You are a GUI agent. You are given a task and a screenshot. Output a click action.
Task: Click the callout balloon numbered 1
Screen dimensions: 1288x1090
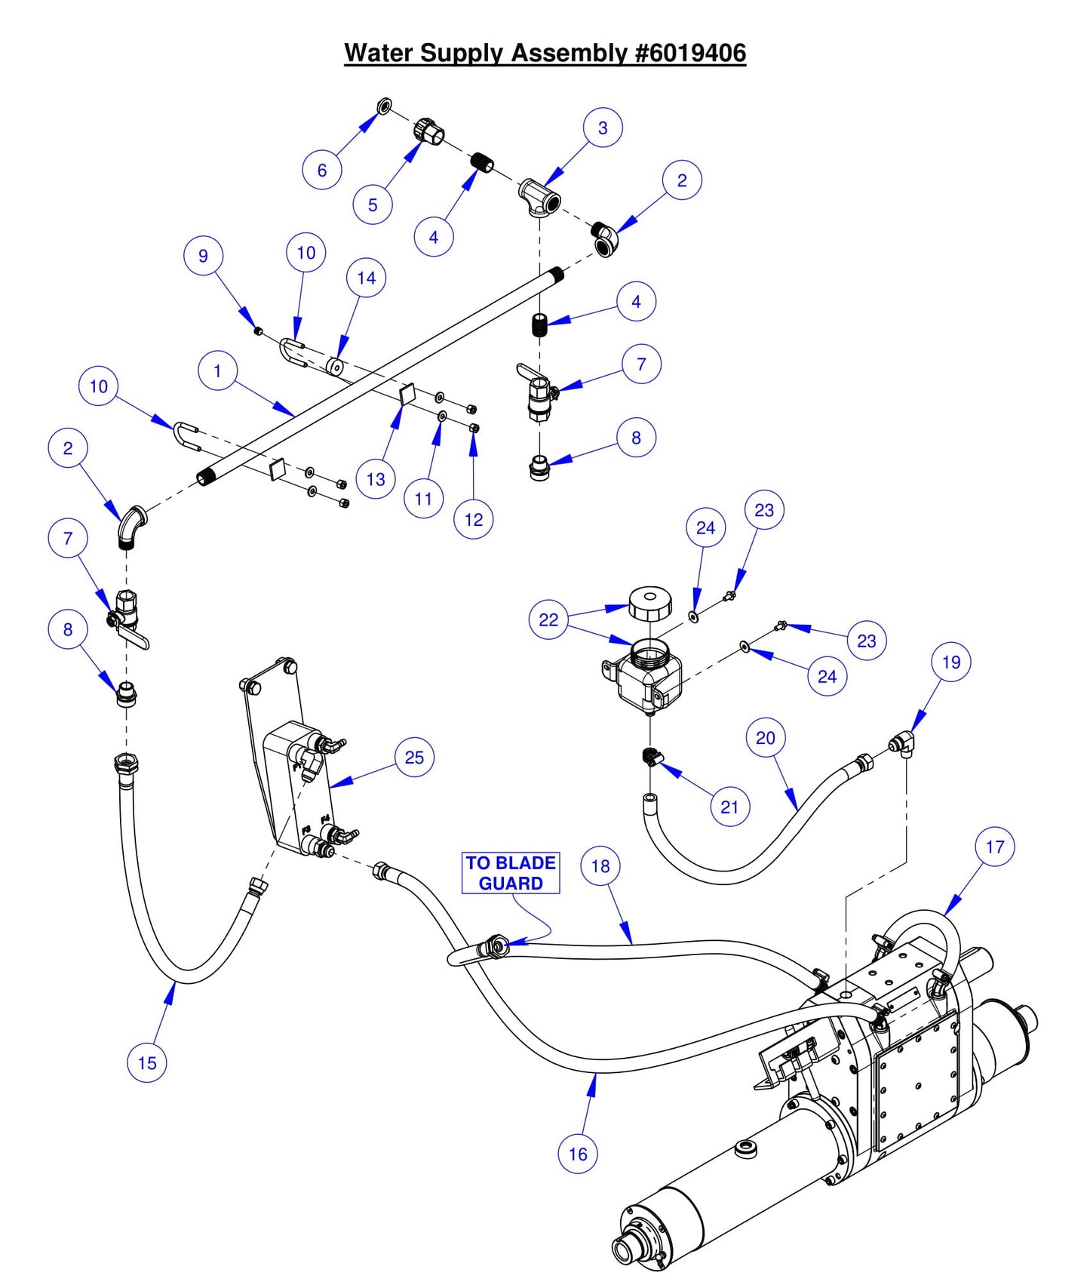[217, 371]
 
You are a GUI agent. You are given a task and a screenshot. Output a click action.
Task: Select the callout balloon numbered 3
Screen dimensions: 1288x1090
[603, 128]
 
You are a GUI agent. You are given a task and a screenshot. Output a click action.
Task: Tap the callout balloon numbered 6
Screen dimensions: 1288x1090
[322, 170]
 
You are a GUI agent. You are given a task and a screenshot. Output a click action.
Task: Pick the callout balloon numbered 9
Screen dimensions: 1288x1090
[203, 256]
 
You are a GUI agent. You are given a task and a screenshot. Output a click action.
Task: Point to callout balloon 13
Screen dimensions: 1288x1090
[376, 479]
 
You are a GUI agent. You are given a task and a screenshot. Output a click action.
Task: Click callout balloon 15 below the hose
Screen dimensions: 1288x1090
[147, 1062]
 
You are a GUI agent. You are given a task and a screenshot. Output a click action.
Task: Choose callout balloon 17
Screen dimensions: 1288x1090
[994, 847]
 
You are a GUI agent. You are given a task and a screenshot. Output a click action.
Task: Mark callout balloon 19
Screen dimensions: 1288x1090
[950, 662]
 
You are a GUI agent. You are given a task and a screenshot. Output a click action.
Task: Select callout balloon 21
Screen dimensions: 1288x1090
[729, 807]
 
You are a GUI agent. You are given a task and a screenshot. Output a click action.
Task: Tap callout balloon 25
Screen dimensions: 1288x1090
[414, 758]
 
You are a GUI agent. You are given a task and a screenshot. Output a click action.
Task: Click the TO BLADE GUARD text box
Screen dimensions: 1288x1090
[511, 873]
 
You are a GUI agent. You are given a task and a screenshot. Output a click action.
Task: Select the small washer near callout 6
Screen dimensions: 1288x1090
[385, 105]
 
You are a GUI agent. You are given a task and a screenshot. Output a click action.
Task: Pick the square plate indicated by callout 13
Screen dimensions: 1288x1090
[408, 393]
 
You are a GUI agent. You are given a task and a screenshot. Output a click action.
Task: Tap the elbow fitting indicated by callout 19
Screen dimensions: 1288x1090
[902, 745]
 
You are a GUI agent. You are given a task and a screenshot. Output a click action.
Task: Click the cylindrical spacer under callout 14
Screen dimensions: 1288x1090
[334, 367]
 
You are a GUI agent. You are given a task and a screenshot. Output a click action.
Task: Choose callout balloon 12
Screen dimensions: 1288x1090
[474, 520]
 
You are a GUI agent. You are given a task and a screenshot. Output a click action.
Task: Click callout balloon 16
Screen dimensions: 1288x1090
[578, 1154]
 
